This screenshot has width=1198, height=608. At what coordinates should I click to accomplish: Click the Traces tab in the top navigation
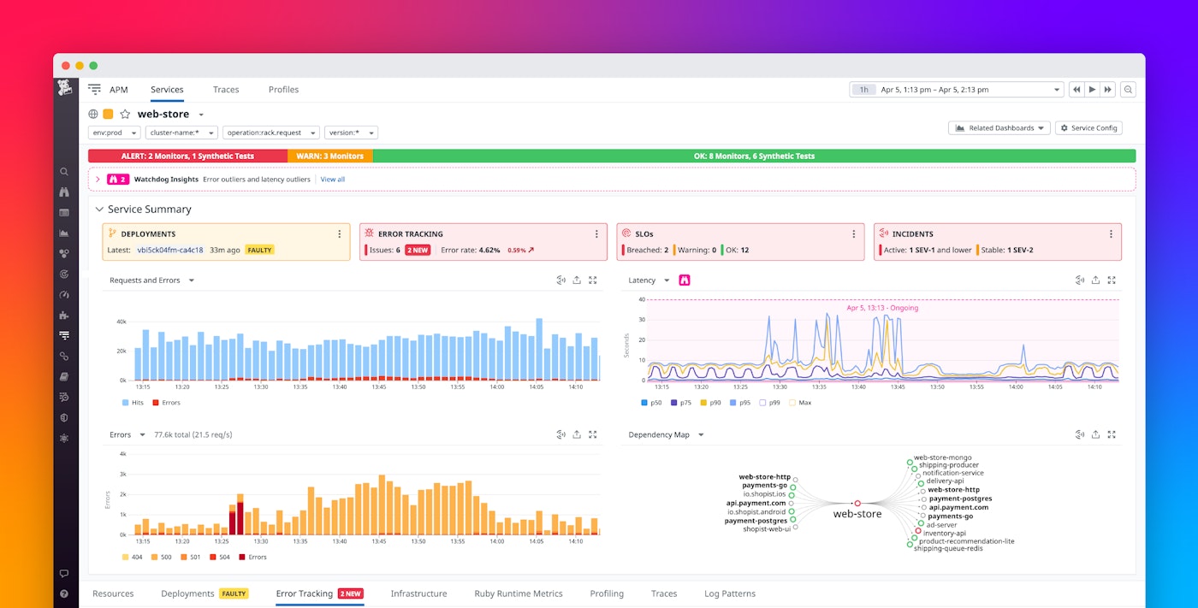point(226,90)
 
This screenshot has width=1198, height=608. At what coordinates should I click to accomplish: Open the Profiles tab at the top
point(283,90)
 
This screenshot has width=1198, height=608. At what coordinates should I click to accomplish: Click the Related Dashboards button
point(999,128)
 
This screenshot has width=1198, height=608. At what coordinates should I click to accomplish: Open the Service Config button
point(1088,128)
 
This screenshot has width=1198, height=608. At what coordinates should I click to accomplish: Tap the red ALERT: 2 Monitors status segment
point(187,156)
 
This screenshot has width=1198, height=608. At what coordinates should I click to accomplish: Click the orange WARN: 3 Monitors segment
point(330,156)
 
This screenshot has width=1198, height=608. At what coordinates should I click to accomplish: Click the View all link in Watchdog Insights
point(333,180)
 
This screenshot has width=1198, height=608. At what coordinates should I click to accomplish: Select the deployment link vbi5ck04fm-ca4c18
point(169,250)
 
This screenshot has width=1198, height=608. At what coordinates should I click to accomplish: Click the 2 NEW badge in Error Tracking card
point(417,250)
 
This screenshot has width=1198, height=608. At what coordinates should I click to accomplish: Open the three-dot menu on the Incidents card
point(1111,234)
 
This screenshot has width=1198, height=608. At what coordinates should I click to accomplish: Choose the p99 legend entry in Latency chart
point(774,403)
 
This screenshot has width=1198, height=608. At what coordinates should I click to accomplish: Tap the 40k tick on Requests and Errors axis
point(122,322)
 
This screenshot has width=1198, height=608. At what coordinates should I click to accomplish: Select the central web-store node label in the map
point(857,514)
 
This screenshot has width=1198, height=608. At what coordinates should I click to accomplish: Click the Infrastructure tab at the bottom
point(418,593)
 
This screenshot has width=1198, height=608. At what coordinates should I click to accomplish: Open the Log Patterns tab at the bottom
point(729,593)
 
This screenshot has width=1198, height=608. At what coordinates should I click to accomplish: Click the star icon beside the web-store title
point(125,115)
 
